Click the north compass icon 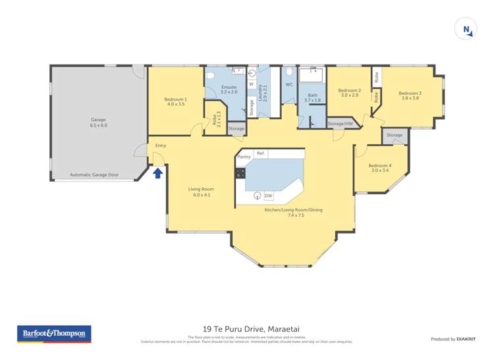click(x=466, y=29)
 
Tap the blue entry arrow click(x=158, y=173)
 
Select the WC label click(x=288, y=85)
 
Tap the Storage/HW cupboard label click(x=341, y=123)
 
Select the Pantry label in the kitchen click(x=244, y=157)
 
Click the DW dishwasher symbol click(x=268, y=195)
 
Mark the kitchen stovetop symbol click(x=240, y=174)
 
